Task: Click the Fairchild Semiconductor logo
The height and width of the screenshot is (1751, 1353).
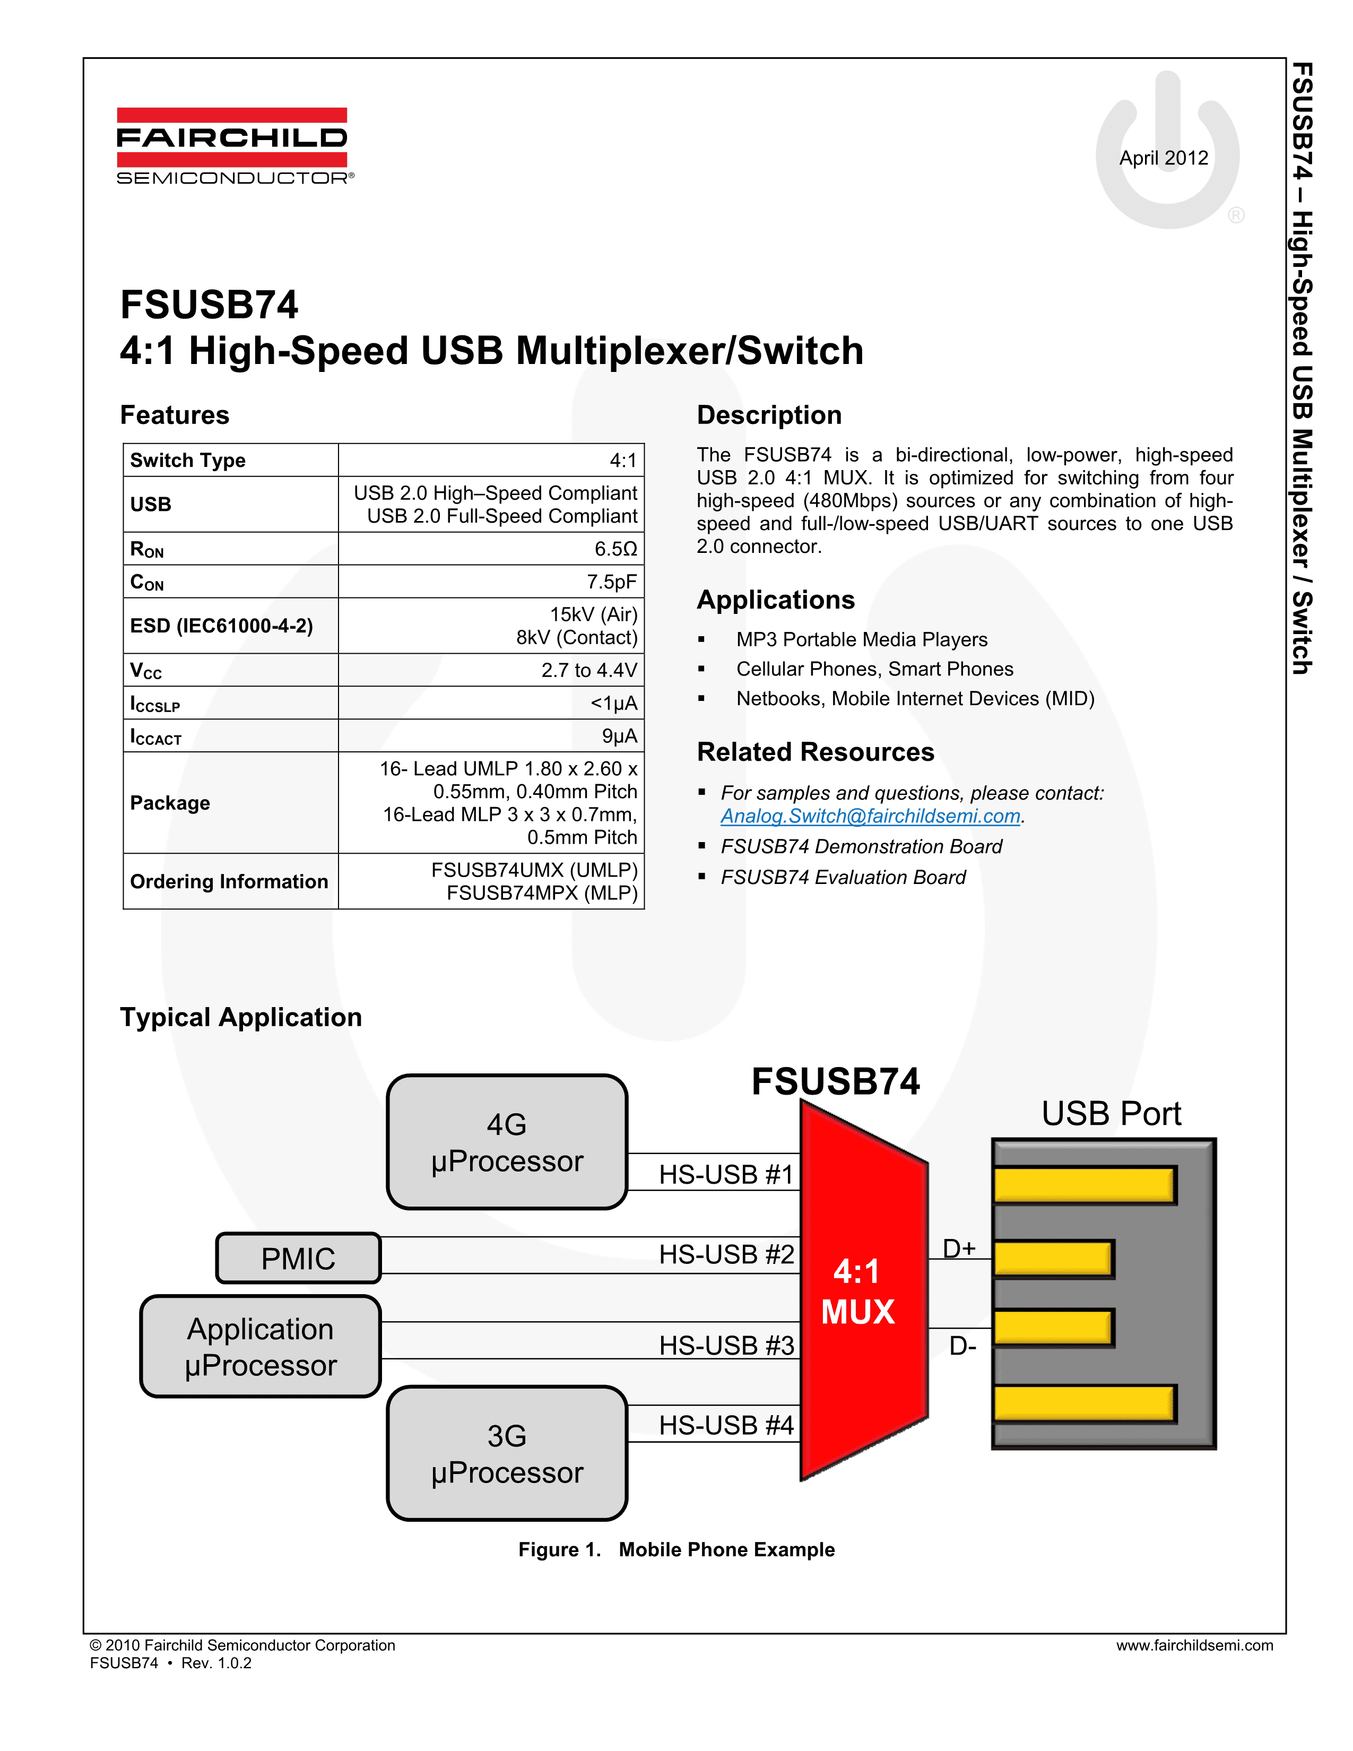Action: click(x=232, y=146)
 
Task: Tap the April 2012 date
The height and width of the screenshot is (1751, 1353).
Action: click(x=1163, y=158)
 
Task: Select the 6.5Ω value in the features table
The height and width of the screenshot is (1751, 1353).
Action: click(x=615, y=549)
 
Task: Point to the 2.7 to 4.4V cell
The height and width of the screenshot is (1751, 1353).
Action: click(x=588, y=670)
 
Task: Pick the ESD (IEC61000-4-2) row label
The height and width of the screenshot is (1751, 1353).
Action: click(x=221, y=626)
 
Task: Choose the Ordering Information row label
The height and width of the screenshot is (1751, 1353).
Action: click(x=229, y=882)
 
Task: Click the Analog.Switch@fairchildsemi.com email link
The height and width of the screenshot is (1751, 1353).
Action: click(x=870, y=816)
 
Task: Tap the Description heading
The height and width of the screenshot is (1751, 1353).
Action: click(x=769, y=415)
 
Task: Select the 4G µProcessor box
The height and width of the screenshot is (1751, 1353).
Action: click(x=507, y=1142)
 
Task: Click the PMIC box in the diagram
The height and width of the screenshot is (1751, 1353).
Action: click(x=298, y=1259)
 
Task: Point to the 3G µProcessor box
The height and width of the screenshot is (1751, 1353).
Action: click(x=507, y=1453)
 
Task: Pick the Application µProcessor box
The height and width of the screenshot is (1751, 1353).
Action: click(x=261, y=1347)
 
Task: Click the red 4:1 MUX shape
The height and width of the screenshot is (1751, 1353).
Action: click(x=857, y=1291)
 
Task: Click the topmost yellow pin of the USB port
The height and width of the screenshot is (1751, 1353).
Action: click(x=1083, y=1185)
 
